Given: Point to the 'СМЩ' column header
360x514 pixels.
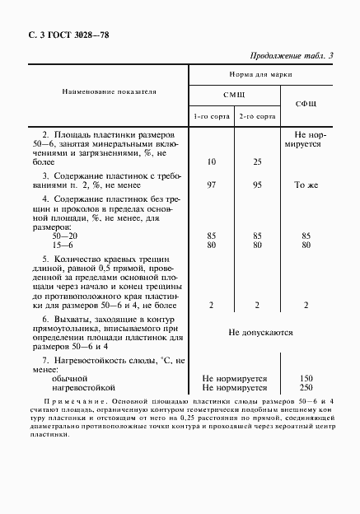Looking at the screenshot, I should point(235,96).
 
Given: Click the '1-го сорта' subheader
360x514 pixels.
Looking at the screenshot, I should point(212,117).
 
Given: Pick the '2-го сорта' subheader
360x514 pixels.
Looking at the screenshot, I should point(257,117).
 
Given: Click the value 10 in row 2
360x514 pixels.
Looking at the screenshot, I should point(212,161).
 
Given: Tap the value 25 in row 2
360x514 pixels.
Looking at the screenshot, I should point(257,161).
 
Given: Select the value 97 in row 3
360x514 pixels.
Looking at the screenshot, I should point(212,185).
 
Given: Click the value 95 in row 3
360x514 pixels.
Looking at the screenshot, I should point(257,185).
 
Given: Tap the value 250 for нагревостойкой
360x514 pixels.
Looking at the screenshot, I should point(306,386).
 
